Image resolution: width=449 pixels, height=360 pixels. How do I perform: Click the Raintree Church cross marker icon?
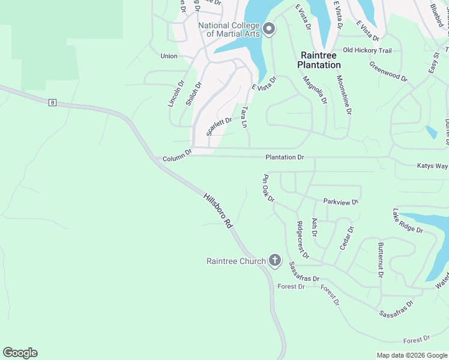(275, 260)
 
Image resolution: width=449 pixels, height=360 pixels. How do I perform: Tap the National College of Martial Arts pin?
(269, 29)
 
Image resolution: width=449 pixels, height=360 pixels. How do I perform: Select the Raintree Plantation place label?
(320, 59)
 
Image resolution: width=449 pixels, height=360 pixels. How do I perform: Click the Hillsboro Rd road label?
(218, 210)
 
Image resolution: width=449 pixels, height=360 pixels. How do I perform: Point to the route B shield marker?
(52, 103)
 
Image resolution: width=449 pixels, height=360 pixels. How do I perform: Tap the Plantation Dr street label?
(285, 157)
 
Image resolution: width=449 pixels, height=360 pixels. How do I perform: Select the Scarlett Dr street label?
(219, 127)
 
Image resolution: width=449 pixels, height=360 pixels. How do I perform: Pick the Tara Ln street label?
(244, 118)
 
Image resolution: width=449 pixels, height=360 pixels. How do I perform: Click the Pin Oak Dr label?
(268, 188)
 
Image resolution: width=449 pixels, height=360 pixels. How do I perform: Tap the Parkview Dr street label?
(340, 202)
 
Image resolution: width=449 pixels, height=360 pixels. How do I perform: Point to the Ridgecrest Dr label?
(302, 240)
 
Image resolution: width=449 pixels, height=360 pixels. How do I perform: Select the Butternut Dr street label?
(381, 260)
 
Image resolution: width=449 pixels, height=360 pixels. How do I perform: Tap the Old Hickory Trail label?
(367, 50)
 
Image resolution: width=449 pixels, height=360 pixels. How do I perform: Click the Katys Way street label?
(432, 166)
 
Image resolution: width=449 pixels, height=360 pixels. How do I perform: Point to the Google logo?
(20, 353)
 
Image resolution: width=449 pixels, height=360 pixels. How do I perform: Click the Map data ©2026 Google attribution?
(411, 355)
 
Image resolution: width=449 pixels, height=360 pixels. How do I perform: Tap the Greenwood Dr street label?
(388, 71)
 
